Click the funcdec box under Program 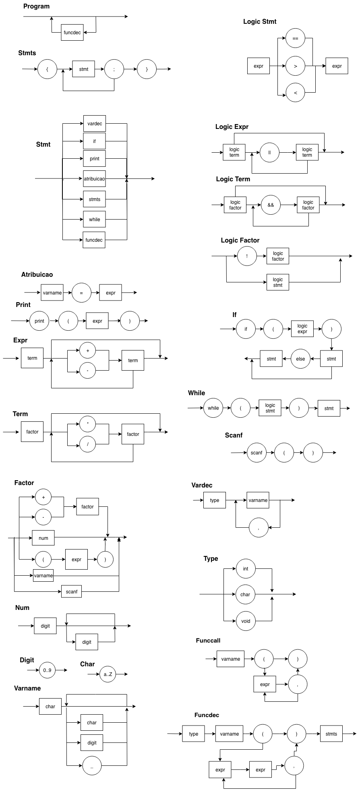pos(72,32)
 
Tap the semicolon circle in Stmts pos(114,69)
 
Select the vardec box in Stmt pos(95,124)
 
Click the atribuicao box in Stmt pos(95,178)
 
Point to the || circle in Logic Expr pos(269,153)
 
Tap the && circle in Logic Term pos(271,205)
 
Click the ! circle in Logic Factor pos(247,256)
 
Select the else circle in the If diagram pos(300,359)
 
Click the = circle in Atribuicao pos(81,293)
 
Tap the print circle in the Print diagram pos(39,321)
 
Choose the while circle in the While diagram pos(213,408)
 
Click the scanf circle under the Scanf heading pos(257,453)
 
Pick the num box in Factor pos(43,538)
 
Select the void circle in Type pos(246,621)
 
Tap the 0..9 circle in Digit pos(47,670)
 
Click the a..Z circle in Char pos(108,674)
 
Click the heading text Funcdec pos(207,715)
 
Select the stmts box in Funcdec pos(331,734)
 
